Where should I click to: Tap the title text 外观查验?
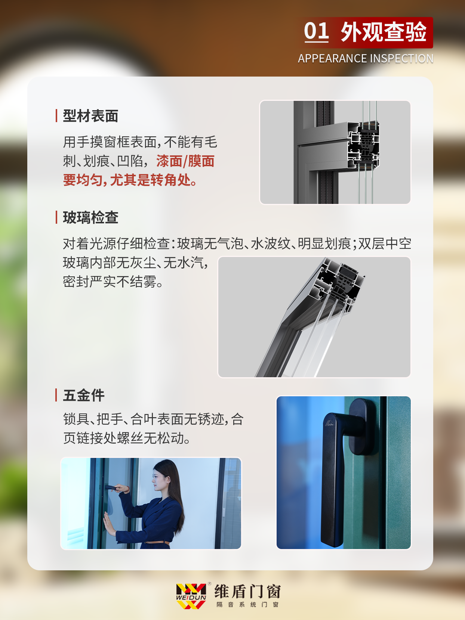point(384,32)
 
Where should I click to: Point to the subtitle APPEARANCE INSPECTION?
point(366,59)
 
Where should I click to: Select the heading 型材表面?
point(90,116)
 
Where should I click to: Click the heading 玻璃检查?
point(90,217)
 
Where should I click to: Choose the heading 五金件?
point(84,395)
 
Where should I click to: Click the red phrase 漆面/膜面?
point(185,161)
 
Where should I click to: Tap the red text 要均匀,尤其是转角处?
point(130,180)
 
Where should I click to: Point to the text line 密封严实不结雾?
point(113,282)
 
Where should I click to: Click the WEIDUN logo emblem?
point(191,596)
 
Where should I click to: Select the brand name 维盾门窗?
point(247,592)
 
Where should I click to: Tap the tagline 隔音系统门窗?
point(247,604)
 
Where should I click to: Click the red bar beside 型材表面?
point(56,116)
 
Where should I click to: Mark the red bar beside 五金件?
point(56,395)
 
